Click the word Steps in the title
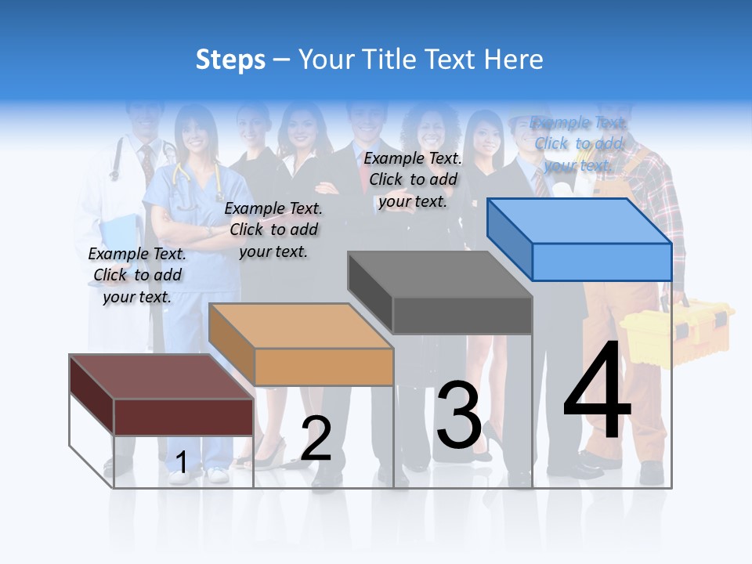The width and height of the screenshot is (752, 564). point(230,60)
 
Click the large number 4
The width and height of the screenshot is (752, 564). point(597,392)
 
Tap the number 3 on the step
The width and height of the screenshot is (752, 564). point(459,414)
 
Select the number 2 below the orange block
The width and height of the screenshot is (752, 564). point(316,439)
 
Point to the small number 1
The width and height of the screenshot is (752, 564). point(181,462)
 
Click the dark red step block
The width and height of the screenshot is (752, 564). point(161,395)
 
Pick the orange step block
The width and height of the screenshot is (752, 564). point(301,345)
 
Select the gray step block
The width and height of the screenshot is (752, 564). point(440,293)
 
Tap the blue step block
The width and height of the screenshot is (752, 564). point(580,238)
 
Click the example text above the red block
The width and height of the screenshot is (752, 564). point(138,275)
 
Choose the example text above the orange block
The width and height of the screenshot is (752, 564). point(273,230)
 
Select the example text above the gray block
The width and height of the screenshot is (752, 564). point(413,179)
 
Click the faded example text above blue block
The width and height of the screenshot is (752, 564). point(578,143)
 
